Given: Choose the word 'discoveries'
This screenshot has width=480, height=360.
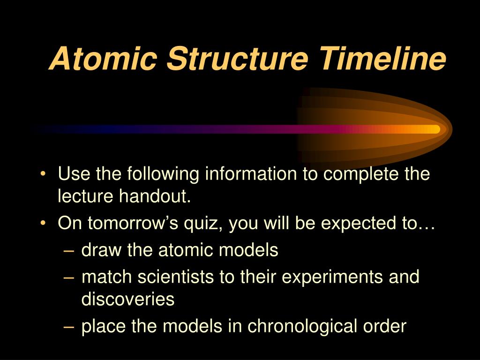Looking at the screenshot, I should tap(127, 300).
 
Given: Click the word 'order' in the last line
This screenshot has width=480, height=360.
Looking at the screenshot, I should tap(382, 327).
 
